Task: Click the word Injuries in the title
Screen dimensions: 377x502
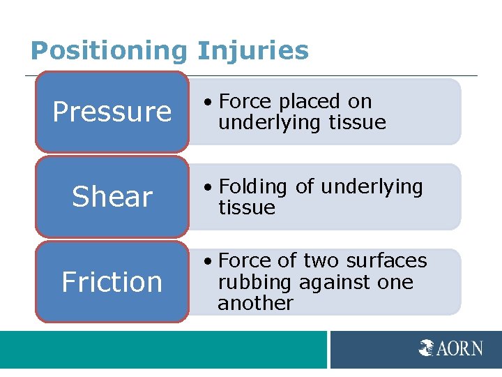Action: click(x=252, y=51)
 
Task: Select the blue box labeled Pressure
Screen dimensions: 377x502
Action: click(x=112, y=112)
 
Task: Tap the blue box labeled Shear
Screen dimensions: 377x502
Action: click(x=112, y=197)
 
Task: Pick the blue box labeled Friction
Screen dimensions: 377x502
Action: click(x=112, y=282)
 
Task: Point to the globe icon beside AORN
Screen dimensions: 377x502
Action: click(x=427, y=348)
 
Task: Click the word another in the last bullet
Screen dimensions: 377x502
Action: click(x=255, y=303)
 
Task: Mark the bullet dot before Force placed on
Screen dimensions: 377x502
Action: click(x=208, y=103)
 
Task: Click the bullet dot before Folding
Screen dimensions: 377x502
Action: click(x=208, y=188)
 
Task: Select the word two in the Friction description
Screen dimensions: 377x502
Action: click(x=319, y=261)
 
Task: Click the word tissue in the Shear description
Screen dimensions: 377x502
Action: click(x=246, y=208)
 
